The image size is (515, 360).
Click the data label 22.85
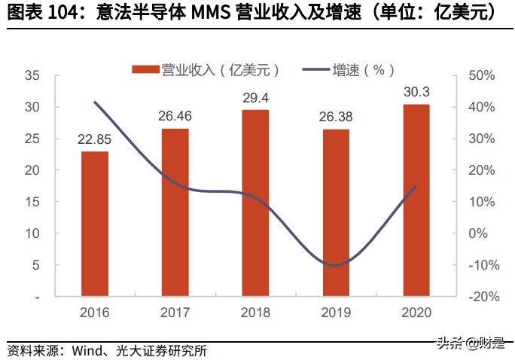coord(94,139)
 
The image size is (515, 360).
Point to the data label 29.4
coord(255,97)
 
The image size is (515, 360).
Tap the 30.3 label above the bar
coord(416,92)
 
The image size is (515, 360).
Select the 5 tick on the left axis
coord(35,265)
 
